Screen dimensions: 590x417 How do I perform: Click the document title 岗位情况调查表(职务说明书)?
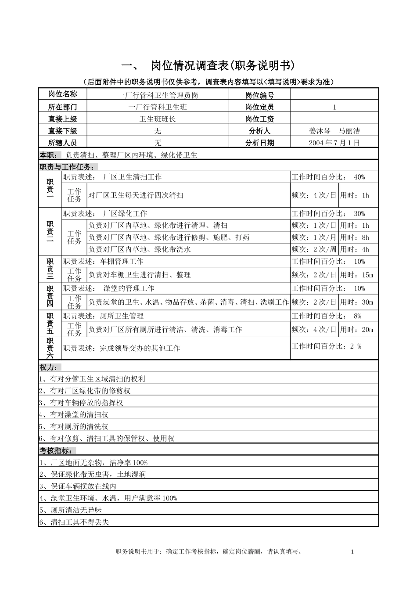(222, 66)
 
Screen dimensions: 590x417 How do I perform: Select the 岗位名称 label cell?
(62, 94)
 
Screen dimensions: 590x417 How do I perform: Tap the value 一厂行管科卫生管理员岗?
(158, 95)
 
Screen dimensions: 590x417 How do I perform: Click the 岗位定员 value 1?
(334, 107)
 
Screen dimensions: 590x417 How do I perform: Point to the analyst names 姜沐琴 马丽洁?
(334, 131)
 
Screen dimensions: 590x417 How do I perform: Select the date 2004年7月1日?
(334, 143)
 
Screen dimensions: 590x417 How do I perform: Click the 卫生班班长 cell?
(158, 119)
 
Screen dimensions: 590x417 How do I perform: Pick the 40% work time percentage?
(359, 177)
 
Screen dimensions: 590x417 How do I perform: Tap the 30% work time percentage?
(359, 214)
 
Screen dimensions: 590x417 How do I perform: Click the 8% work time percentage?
(357, 316)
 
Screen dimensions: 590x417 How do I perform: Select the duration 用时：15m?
(356, 275)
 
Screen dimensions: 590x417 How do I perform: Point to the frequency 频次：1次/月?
(314, 237)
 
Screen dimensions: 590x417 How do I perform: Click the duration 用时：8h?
(355, 237)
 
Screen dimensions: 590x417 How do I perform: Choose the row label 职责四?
(50, 296)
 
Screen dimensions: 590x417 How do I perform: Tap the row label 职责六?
(50, 348)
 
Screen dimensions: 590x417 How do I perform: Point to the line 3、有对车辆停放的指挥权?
(81, 403)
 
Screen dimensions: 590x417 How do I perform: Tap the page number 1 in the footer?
(352, 552)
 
